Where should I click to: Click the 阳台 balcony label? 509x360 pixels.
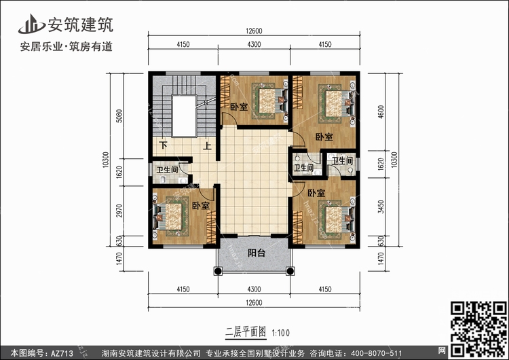[257, 253]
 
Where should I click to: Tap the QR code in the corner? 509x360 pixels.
[478, 329]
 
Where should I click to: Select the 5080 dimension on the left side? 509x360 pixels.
[119, 116]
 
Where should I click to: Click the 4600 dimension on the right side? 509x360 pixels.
[381, 112]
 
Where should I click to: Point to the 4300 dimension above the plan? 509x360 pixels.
[254, 44]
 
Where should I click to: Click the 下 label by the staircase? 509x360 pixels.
[164, 145]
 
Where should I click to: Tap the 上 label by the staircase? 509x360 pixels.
[207, 145]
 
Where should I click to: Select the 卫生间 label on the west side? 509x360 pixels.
[167, 170]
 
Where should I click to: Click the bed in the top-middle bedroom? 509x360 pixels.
[270, 101]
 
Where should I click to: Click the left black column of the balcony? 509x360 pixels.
[218, 270]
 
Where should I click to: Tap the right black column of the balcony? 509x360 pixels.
[290, 270]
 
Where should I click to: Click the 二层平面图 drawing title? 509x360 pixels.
[246, 332]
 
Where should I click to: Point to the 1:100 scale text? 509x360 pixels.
[280, 333]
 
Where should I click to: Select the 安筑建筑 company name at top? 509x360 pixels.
[81, 24]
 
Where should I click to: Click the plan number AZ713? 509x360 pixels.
[62, 353]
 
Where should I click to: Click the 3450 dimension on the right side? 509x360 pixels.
[381, 206]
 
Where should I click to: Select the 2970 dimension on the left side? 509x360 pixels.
[119, 211]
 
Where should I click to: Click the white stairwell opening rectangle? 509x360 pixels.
[184, 116]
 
